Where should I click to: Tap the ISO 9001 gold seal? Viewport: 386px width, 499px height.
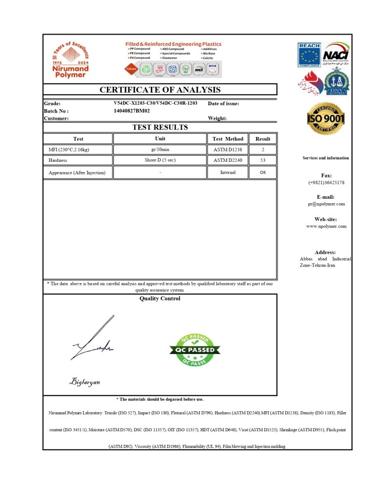[x=325, y=118]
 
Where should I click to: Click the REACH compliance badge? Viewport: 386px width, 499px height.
[x=309, y=55]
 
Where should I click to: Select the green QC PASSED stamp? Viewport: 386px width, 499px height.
[x=195, y=350]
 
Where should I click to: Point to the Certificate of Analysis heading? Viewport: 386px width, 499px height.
[x=160, y=90]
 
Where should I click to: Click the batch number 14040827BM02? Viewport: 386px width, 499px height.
[x=132, y=111]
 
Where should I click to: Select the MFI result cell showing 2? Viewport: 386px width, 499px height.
[x=263, y=150]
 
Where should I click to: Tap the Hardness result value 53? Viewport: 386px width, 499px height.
[x=263, y=160]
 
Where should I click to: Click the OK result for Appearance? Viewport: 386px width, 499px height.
[x=263, y=172]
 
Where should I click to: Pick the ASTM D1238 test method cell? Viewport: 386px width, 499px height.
[x=228, y=150]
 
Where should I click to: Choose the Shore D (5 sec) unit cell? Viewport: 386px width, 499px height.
[x=160, y=160]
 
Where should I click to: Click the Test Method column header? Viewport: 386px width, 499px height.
[x=228, y=139]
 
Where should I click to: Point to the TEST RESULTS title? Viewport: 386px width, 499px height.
[x=160, y=127]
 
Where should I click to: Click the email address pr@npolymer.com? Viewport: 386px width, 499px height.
[x=326, y=204]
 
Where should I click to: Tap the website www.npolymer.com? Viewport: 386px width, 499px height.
[x=326, y=226]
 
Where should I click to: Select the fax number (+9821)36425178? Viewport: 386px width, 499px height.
[x=326, y=182]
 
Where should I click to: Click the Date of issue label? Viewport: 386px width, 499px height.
[x=223, y=103]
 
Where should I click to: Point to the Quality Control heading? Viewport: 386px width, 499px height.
[x=160, y=298]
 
